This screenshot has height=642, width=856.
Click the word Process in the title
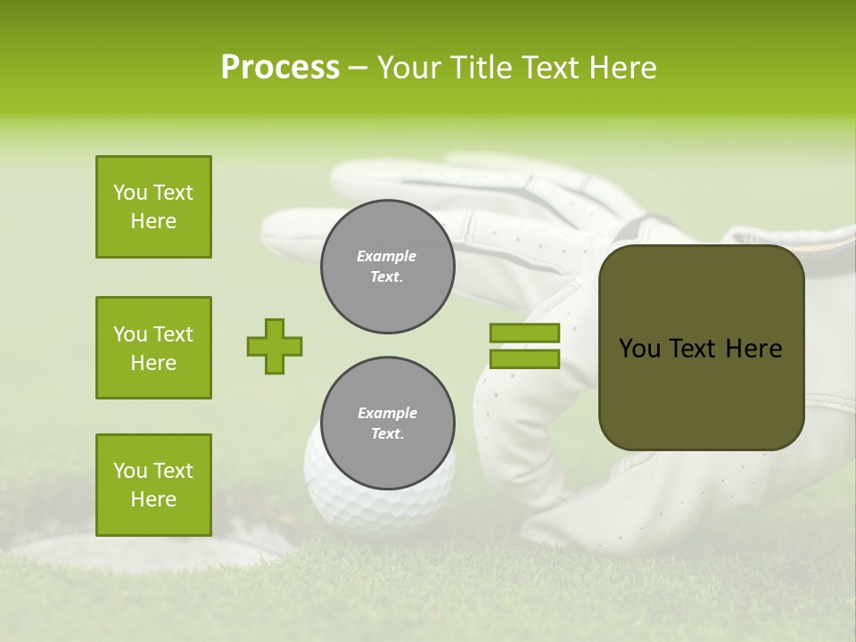[x=280, y=68]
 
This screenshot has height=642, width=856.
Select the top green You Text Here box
[x=153, y=207]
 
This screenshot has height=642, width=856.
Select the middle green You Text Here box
[x=153, y=348]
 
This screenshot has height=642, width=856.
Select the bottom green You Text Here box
[x=153, y=485]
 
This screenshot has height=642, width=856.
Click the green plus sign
[x=275, y=346]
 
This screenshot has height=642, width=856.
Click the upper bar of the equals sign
[x=524, y=333]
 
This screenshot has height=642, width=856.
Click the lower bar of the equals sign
[x=524, y=359]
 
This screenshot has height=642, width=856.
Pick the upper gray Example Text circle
[x=387, y=267]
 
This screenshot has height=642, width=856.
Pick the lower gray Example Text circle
[x=387, y=424]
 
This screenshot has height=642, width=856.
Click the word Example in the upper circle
[x=387, y=256]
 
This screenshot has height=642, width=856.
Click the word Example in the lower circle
[x=387, y=413]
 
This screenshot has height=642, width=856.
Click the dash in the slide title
[x=358, y=69]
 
